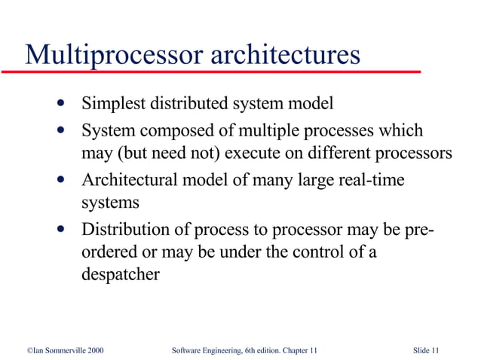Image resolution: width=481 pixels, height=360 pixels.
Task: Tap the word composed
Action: [171, 131]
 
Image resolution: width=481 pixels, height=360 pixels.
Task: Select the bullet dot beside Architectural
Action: [60, 180]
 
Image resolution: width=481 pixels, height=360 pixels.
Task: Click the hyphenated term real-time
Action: [369, 181]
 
